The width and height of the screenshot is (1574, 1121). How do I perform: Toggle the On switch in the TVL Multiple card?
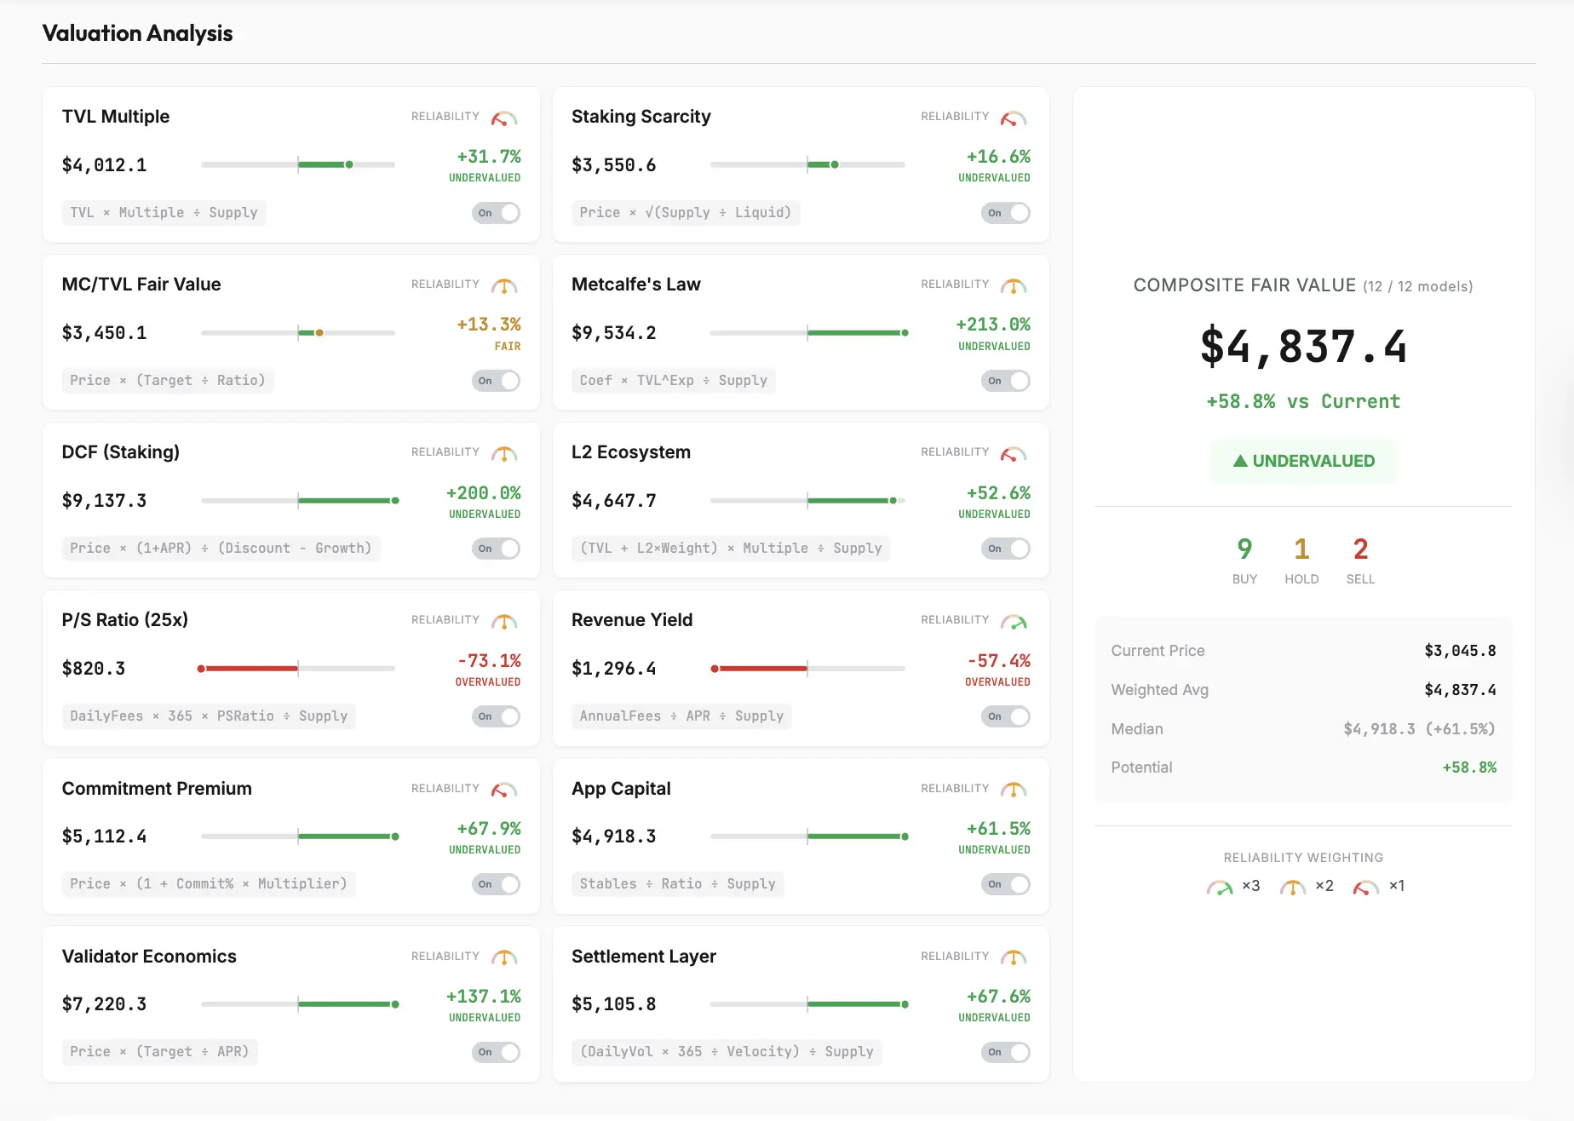[x=496, y=213]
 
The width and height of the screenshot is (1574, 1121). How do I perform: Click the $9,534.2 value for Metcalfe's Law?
[x=613, y=333]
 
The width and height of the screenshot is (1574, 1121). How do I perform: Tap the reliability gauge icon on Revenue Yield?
[x=1013, y=622]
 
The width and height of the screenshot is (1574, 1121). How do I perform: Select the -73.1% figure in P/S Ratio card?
[x=489, y=661]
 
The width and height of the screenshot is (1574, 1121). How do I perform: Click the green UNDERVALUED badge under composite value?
[x=1303, y=461]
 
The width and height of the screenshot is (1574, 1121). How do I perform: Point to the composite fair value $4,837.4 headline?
[x=1303, y=347]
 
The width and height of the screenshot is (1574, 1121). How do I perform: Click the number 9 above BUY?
[x=1244, y=549]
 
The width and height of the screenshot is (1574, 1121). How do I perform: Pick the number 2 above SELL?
[x=1360, y=549]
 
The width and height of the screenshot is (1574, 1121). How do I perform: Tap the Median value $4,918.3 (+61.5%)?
[x=1419, y=729]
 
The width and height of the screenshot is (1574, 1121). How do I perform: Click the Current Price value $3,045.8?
[x=1460, y=651]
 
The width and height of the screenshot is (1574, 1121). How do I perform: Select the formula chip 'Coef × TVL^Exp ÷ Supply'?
[x=673, y=381]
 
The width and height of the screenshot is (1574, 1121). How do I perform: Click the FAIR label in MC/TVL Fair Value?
[x=508, y=347]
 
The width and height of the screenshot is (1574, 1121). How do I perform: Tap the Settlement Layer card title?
[x=644, y=957]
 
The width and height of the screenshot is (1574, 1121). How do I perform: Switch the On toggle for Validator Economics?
[x=496, y=1052]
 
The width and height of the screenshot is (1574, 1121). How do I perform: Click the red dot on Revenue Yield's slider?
[x=715, y=669]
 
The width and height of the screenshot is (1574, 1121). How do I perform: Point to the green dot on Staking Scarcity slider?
[x=835, y=164]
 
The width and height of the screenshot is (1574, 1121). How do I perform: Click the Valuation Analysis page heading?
[x=137, y=33]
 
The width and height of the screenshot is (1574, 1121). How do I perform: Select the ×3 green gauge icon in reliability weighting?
[x=1220, y=888]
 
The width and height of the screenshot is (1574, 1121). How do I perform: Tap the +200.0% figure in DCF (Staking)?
[x=483, y=493]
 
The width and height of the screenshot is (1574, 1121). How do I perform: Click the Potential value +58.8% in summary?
[x=1469, y=767]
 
